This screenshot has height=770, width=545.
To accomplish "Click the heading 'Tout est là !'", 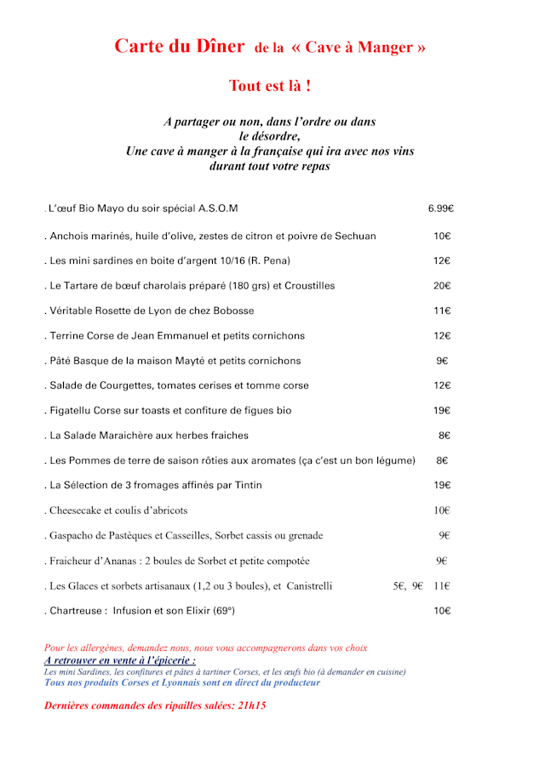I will pos(268,86).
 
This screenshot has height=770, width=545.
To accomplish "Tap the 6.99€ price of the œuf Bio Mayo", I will pos(440,208).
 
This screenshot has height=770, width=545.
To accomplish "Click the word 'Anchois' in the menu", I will pos(71,236).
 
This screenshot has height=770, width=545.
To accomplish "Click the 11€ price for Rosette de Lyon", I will pos(442,311).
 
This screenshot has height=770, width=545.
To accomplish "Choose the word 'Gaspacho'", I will pos(74,535).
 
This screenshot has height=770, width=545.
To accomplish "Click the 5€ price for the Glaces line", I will pos(399,585).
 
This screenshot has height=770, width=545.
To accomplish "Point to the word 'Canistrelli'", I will pos(309,585).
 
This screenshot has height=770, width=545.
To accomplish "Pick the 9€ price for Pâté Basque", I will pos(442,361).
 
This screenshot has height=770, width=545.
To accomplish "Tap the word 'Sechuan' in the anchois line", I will pos(355,236).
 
